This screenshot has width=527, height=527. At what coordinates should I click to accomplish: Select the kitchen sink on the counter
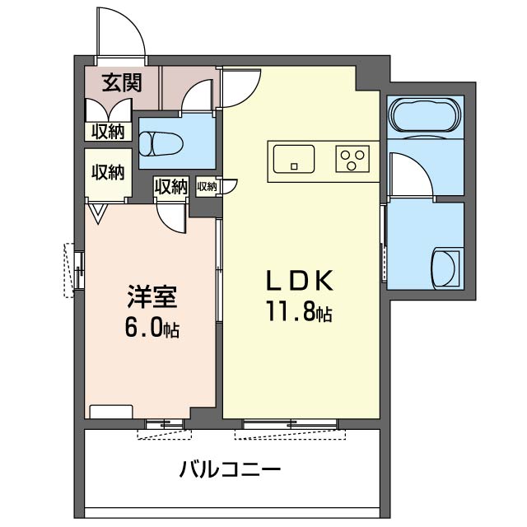293,157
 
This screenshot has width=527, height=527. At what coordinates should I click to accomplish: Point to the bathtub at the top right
424,114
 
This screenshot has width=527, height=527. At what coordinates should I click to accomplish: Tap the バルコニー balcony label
231,472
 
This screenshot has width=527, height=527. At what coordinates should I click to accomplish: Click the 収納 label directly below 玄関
108,131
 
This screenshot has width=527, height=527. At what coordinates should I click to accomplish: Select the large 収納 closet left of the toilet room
108,173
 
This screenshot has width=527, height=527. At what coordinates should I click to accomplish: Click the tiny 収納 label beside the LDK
207,187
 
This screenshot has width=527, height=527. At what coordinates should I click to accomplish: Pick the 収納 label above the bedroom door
170,187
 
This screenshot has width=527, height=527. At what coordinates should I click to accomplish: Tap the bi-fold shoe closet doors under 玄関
109,110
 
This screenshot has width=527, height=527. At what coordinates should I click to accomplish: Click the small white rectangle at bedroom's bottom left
111,412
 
